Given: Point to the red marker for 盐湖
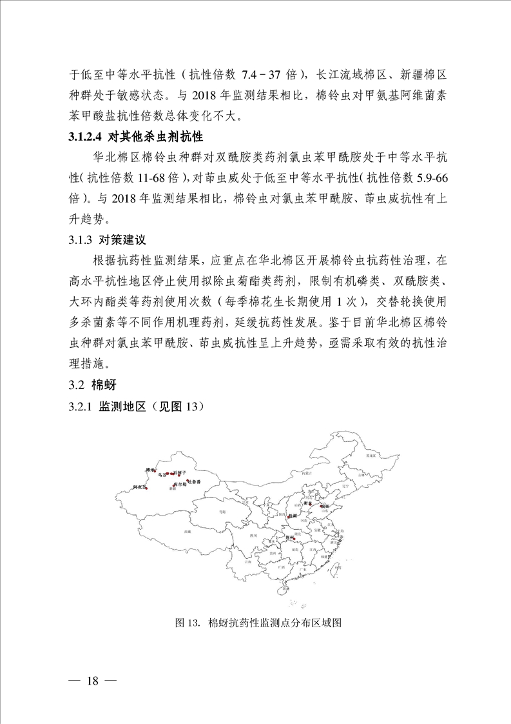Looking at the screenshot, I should point(288,516).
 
